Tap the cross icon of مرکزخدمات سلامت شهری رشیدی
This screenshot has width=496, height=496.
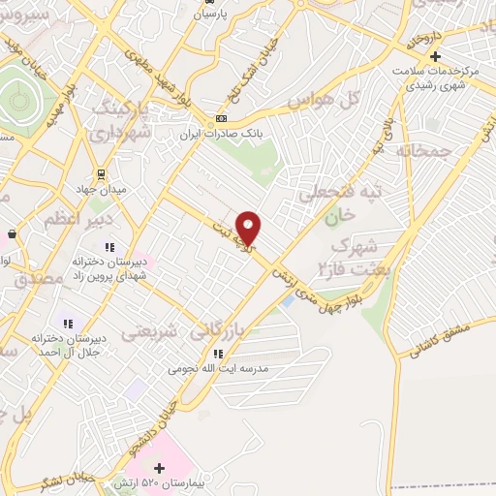435,55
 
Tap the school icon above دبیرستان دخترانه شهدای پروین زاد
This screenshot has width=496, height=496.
109,247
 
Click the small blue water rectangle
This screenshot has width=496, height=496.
289,298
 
